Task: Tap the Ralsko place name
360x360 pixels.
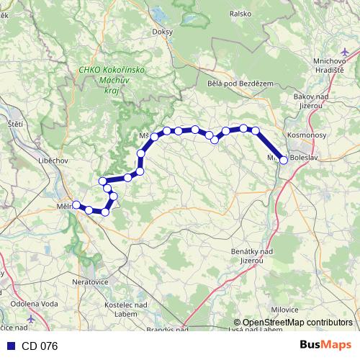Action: tap(240, 13)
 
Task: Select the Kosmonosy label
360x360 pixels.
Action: tap(307, 135)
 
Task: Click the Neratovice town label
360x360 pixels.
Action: tap(90, 282)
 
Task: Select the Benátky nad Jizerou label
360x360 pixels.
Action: tap(252, 255)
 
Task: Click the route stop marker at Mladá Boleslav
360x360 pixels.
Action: tap(283, 160)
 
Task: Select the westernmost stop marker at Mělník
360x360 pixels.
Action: tap(76, 204)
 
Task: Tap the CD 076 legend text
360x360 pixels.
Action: tap(40, 346)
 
